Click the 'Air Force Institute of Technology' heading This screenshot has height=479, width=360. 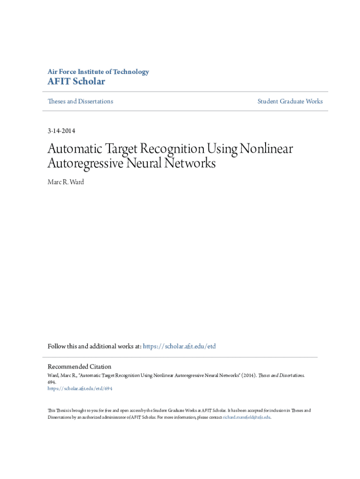click(98, 72)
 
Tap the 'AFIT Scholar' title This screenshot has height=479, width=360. click(76, 82)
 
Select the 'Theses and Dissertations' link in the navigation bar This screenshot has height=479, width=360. click(80, 102)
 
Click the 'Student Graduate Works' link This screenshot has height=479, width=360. click(290, 102)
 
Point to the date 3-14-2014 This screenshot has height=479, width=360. click(61, 131)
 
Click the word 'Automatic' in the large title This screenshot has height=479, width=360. click(77, 149)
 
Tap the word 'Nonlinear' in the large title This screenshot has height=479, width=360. click(266, 149)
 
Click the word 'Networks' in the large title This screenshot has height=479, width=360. click(191, 164)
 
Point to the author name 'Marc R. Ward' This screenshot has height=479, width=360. click(66, 181)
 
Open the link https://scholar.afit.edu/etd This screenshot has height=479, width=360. click(179, 347)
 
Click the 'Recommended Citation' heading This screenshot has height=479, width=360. click(79, 367)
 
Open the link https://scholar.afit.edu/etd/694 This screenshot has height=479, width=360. click(80, 388)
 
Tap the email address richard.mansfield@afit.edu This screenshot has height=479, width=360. click(246, 417)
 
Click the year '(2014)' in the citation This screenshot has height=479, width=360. click(248, 375)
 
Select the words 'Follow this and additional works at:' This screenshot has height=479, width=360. click(94, 347)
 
